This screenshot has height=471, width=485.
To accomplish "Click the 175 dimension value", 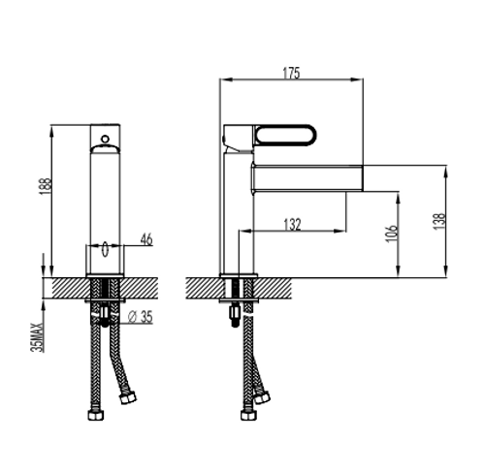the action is (291, 73).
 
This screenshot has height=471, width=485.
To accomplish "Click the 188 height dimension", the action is (46, 186).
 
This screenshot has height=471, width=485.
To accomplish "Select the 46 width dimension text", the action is (146, 239).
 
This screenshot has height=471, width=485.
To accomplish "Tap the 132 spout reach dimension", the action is (292, 225).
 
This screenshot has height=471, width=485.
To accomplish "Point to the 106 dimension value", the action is (391, 233).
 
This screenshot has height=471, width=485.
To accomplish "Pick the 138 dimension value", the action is (439, 221).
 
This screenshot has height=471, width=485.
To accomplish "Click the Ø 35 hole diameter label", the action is (140, 317).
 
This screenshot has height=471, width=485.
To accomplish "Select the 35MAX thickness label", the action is (37, 337).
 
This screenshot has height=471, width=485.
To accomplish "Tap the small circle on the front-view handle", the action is (105, 140).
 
